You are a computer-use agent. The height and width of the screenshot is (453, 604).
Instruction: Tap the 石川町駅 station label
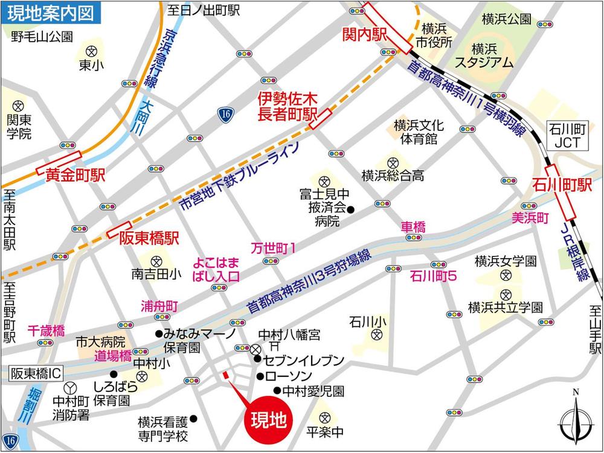561,185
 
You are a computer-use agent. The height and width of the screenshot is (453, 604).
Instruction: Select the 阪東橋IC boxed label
36,374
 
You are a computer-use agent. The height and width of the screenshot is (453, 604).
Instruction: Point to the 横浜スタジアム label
484,55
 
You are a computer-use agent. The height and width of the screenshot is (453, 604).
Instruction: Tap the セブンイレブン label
300,361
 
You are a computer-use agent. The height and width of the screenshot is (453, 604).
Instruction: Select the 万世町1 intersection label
273,247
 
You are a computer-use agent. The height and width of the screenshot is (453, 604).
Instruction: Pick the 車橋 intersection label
414,227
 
